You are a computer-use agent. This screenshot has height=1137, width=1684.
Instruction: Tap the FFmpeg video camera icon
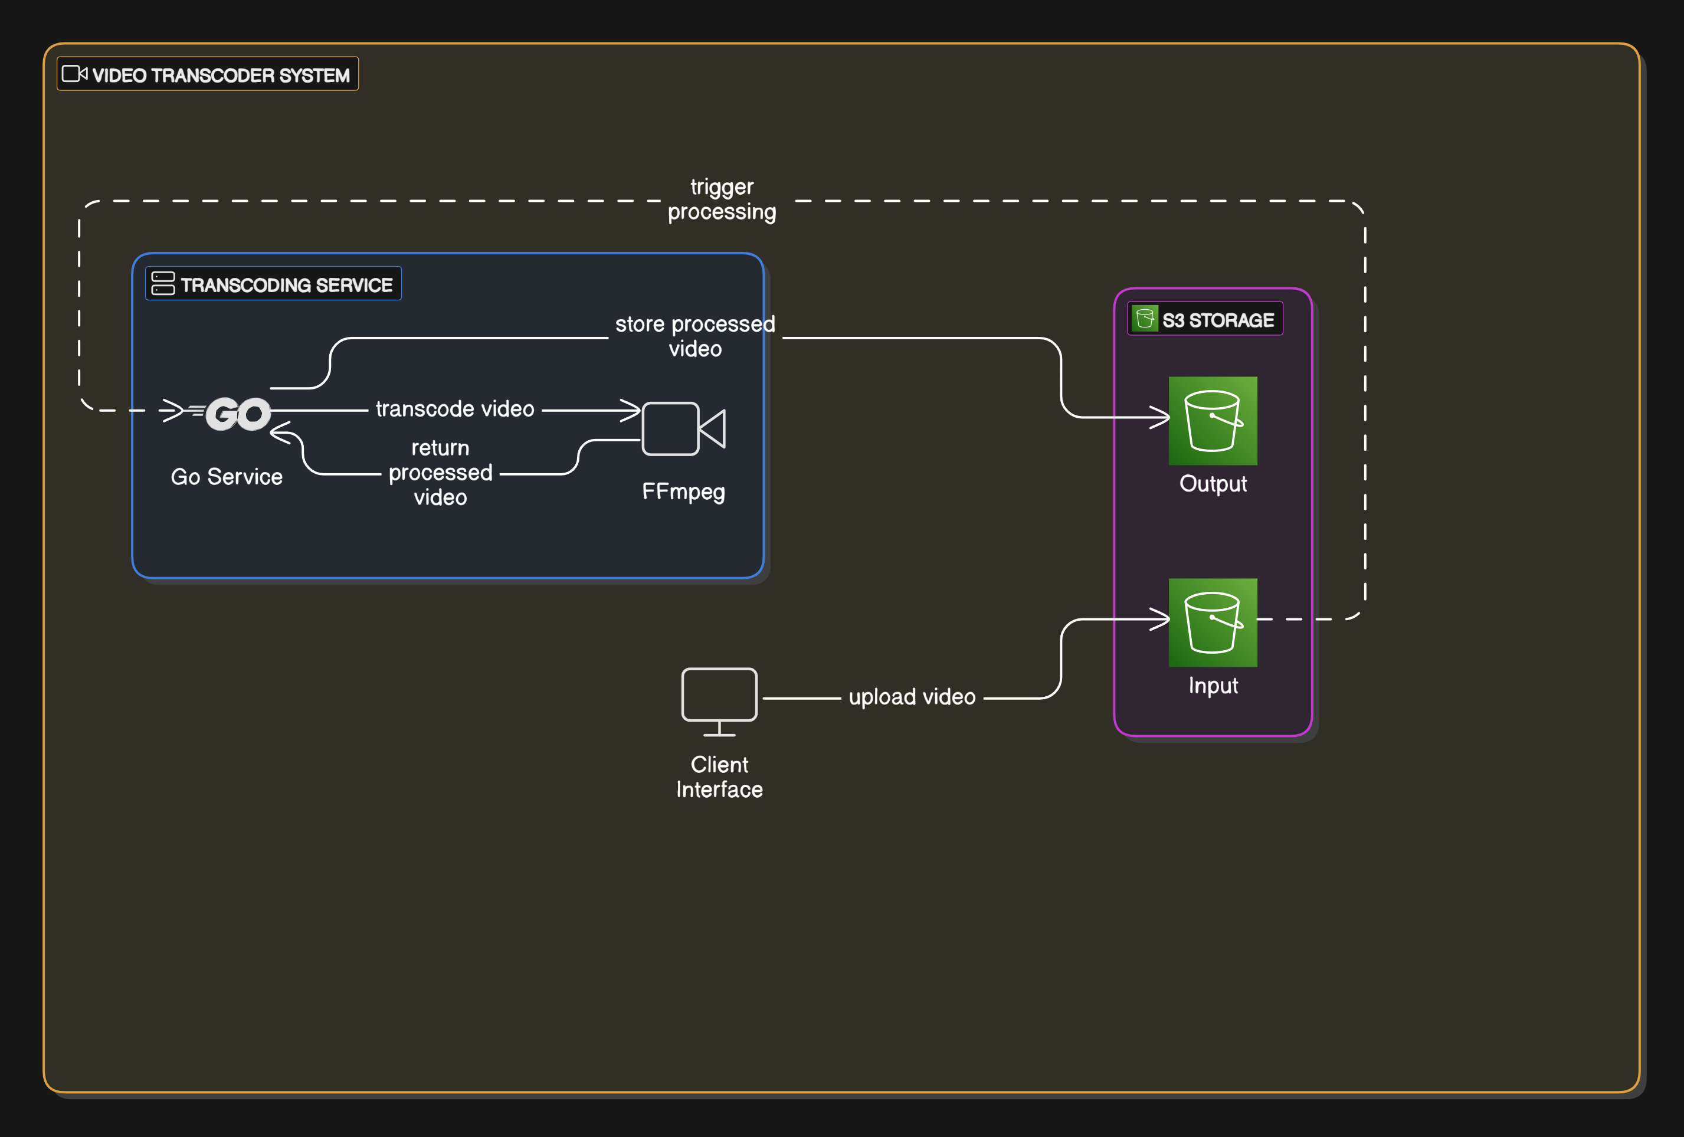click(683, 429)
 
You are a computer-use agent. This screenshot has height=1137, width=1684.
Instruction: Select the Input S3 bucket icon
click(1213, 622)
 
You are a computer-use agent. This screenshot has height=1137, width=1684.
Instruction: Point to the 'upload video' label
click(912, 697)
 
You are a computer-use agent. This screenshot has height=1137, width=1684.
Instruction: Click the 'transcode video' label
click(454, 409)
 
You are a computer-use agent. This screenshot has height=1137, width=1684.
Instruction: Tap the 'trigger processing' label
click(722, 199)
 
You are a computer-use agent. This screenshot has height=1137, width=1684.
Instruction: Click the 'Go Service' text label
click(226, 477)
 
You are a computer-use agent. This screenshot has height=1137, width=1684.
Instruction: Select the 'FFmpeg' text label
click(683, 492)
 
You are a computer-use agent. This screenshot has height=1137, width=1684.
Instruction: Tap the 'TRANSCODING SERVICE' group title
click(286, 285)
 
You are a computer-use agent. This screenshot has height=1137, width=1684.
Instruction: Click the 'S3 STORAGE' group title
click(1217, 320)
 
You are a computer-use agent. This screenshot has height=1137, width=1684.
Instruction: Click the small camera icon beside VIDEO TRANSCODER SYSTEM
click(74, 74)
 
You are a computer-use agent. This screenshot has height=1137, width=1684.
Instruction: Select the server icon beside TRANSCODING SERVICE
click(163, 283)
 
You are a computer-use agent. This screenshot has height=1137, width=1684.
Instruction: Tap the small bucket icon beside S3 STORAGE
click(1145, 318)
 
